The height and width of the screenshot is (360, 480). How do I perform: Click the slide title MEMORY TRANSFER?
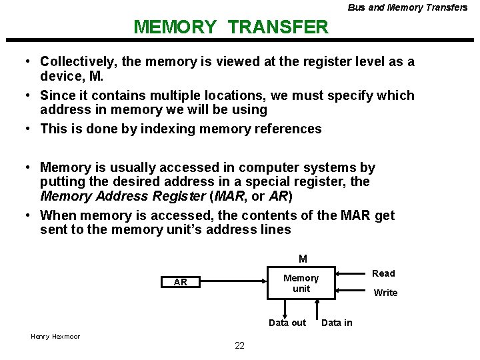coord(231,27)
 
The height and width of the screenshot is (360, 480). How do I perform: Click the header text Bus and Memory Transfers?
coord(407,7)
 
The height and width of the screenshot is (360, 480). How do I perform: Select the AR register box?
coord(180,283)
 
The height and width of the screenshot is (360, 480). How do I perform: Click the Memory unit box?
coord(301,283)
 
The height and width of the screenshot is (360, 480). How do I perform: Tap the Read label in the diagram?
coord(383,273)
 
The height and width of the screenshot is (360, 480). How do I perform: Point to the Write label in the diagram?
coord(385,293)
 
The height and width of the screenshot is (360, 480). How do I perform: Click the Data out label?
coord(287,323)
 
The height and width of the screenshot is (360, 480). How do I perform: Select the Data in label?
coord(337,323)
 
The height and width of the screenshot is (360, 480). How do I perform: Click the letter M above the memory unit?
coord(303,259)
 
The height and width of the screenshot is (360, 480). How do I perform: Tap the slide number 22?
coord(239,345)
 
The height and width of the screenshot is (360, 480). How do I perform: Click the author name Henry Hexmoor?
coord(55,336)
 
